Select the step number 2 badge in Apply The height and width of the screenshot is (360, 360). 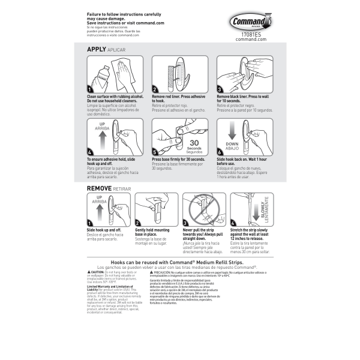155,88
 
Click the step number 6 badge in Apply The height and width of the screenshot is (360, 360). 220,152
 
